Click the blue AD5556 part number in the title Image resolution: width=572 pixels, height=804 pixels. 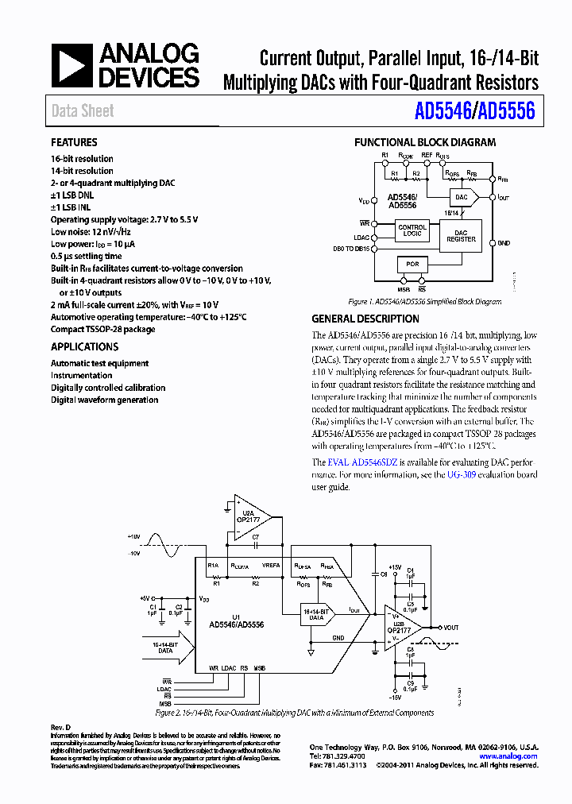pos(508,112)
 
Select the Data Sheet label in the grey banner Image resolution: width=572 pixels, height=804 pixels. pos(83,111)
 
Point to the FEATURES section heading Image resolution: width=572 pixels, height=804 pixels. pos(74,142)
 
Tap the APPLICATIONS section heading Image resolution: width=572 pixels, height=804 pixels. pos(84,346)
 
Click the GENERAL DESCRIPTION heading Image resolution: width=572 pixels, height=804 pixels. pos(365,319)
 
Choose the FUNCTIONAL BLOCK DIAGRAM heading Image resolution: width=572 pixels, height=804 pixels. pos(424,142)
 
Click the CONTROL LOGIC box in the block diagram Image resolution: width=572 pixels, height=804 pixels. pos(412,230)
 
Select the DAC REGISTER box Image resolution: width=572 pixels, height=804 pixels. pos(461,235)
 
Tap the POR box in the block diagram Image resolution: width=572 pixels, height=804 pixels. pos(412,263)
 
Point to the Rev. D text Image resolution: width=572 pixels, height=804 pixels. pos(61,728)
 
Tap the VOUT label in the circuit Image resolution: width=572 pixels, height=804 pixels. pos(451,628)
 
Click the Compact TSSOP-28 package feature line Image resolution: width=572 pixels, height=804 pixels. pos(102,329)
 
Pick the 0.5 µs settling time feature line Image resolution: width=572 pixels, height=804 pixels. pos(86,256)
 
